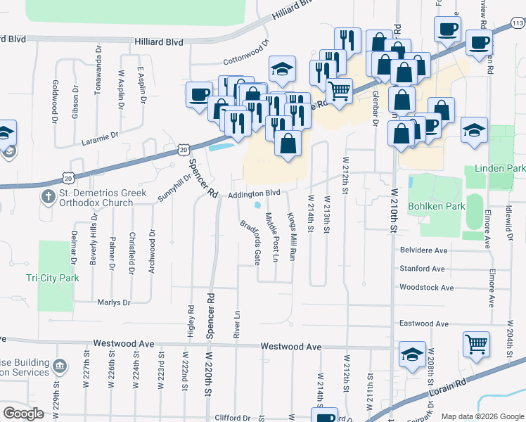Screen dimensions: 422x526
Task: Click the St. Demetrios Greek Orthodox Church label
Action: pyautogui.click(x=102, y=198)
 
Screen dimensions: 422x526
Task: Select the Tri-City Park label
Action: pyautogui.click(x=53, y=278)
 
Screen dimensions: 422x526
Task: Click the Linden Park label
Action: pyautogui.click(x=500, y=169)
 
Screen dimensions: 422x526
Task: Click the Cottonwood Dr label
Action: pyautogui.click(x=246, y=52)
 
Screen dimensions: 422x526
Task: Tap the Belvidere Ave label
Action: pyautogui.click(x=423, y=250)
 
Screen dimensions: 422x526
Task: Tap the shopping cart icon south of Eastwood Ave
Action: pyautogui.click(x=477, y=345)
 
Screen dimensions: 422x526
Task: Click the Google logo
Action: pyautogui.click(x=23, y=413)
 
